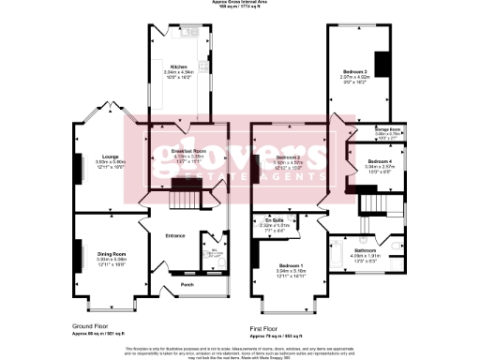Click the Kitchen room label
coord(176,66)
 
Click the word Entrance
coord(175,235)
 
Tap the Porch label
coord(187,284)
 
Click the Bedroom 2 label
coord(287,157)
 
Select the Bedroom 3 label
coord(355,71)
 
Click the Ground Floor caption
coord(97,326)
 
